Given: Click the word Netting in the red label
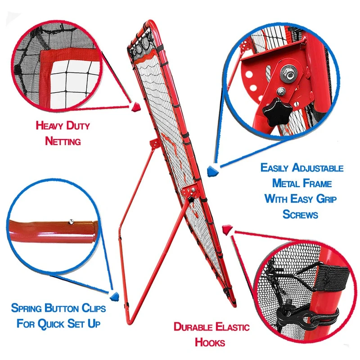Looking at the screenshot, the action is coord(63,141).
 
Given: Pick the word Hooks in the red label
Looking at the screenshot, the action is coord(210,342).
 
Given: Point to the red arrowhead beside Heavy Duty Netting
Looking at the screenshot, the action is coord(135,107).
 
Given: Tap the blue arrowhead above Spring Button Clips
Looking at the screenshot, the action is coord(115,296).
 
